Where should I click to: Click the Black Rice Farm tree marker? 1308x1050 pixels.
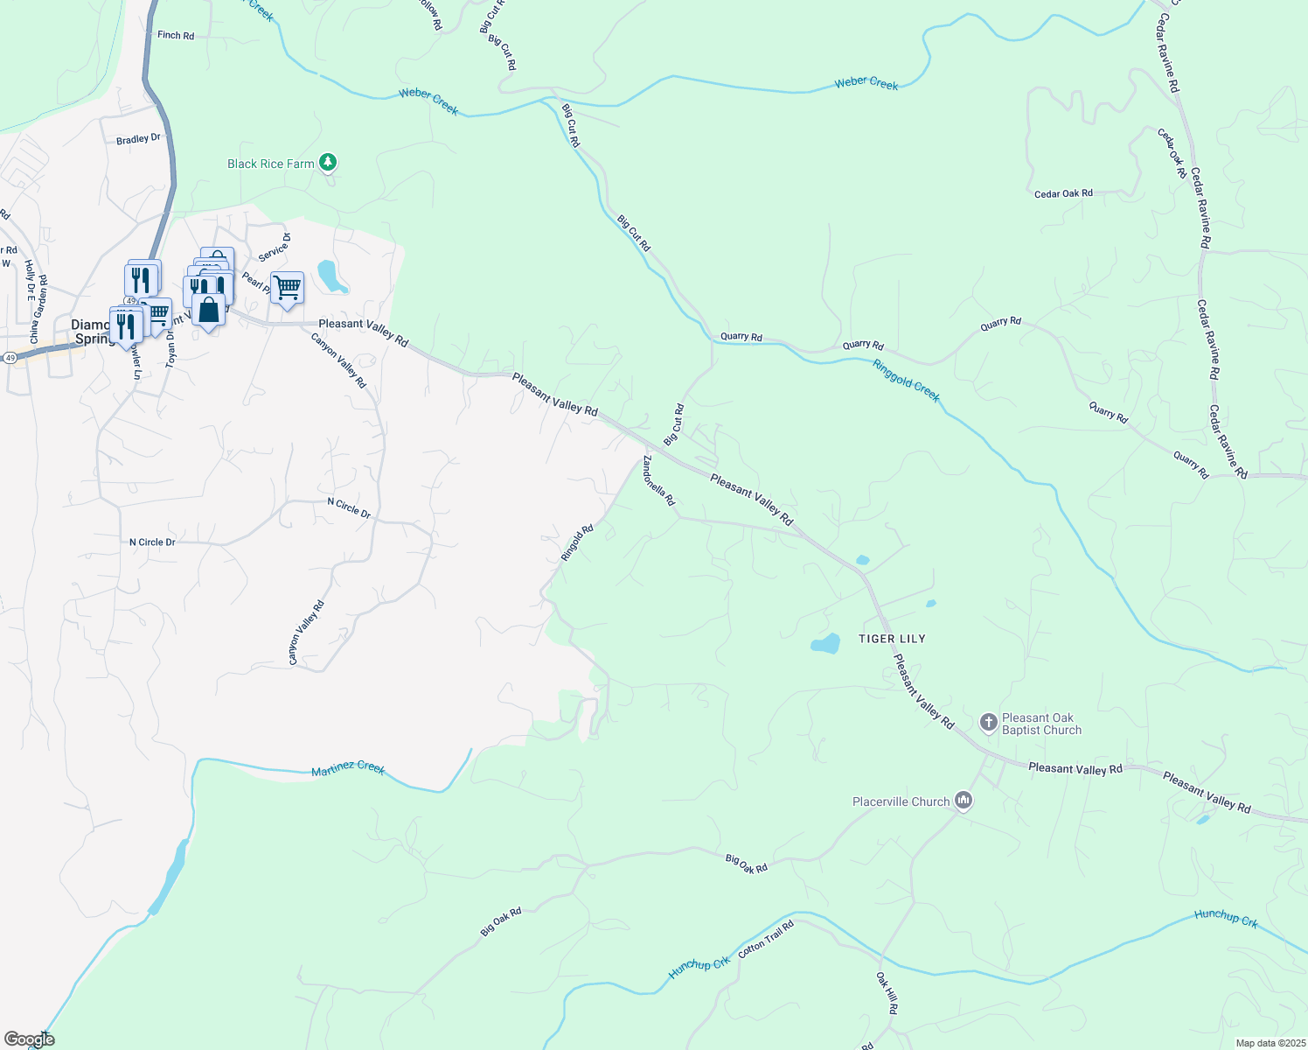pyautogui.click(x=328, y=162)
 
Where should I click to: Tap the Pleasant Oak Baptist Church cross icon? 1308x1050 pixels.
pyautogui.click(x=989, y=722)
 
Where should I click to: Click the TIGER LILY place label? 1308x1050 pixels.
pyautogui.click(x=892, y=639)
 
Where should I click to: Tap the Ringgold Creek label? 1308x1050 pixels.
pyautogui.click(x=906, y=381)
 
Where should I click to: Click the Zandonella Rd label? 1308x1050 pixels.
pyautogui.click(x=659, y=480)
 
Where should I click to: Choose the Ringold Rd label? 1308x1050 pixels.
pyautogui.click(x=577, y=542)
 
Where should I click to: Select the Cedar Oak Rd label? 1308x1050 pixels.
pyautogui.click(x=1063, y=193)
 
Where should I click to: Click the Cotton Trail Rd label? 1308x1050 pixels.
pyautogui.click(x=766, y=939)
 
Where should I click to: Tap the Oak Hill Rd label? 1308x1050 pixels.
pyautogui.click(x=887, y=992)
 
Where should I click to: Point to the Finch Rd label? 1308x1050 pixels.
pyautogui.click(x=176, y=35)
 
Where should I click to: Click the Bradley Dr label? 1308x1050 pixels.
pyautogui.click(x=138, y=139)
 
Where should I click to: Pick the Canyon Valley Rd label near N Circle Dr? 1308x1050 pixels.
pyautogui.click(x=306, y=632)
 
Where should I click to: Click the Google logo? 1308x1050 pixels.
pyautogui.click(x=30, y=1039)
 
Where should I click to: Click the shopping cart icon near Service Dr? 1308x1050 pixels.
pyautogui.click(x=287, y=287)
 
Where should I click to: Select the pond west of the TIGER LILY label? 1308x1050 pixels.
pyautogui.click(x=825, y=645)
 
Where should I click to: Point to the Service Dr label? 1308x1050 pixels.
pyautogui.click(x=274, y=247)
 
